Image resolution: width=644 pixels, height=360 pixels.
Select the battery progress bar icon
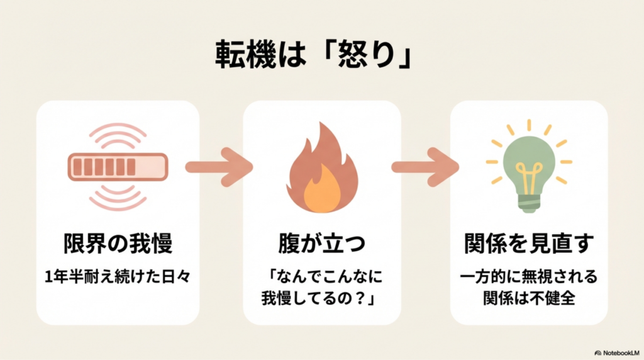point(118,167)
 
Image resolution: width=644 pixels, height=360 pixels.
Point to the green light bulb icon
point(528,167)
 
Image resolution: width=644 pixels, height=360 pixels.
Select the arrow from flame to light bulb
point(425,167)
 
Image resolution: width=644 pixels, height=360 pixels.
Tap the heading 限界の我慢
point(118,244)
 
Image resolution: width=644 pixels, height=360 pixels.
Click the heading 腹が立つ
point(321,244)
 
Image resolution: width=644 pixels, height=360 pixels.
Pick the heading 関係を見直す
point(529,244)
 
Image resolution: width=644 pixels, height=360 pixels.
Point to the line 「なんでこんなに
point(321,277)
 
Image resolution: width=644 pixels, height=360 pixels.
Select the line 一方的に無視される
point(529,277)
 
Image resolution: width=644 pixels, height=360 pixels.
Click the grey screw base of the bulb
point(528,203)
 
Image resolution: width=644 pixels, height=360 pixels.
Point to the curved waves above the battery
point(118,135)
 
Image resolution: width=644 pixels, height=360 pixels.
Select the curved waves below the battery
point(118,198)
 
